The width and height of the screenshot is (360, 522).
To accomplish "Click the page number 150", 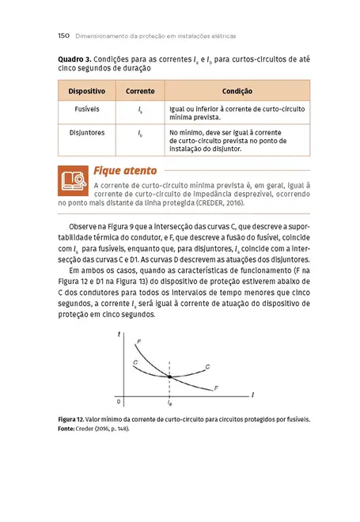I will [x=66, y=36].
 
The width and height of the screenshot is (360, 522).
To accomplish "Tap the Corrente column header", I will [x=140, y=92].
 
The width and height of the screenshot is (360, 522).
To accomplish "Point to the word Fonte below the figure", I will [x=70, y=428].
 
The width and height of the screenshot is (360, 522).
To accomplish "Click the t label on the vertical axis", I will [x=119, y=335].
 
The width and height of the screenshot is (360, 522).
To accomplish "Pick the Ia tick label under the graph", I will [x=170, y=403].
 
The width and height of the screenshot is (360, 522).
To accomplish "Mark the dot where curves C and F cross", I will [x=170, y=375].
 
